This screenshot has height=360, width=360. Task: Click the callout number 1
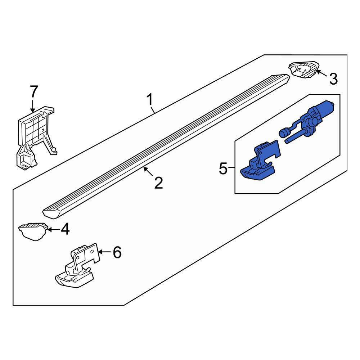coord(150,99)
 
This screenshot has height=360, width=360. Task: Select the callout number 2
coord(158,183)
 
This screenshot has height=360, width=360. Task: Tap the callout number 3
coord(333,78)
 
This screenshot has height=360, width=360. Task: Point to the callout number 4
coord(65,229)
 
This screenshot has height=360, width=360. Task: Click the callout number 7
coord(33,92)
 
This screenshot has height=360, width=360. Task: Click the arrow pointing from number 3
coord(322,74)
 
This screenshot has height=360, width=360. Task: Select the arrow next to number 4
coord(53,229)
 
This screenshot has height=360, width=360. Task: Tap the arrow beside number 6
coord(105,252)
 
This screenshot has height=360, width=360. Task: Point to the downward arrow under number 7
coord(32,106)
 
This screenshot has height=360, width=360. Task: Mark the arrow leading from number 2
coord(149,172)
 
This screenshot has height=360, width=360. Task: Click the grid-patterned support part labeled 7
coord(36,137)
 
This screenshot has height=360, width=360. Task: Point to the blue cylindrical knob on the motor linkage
coord(284,132)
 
